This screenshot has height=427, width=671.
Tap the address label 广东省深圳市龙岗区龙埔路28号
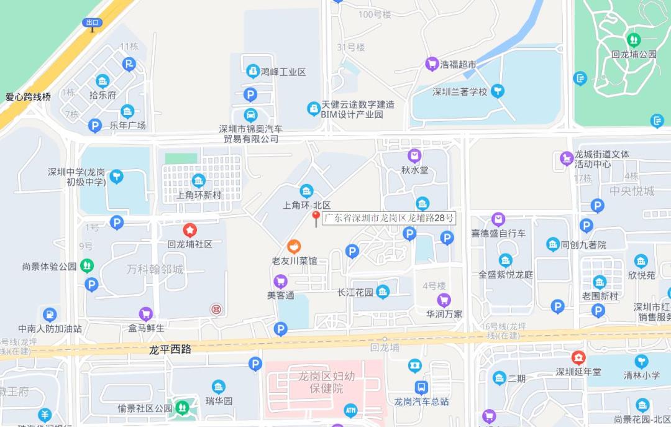390,218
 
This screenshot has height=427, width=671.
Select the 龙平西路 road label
170,349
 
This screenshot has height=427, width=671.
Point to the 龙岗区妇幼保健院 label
326,382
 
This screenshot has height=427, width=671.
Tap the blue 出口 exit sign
92,23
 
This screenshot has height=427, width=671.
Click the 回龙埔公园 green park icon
634,40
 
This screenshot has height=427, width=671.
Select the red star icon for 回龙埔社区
189,230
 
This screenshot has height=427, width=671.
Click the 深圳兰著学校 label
460,92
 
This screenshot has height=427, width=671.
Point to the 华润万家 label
444,314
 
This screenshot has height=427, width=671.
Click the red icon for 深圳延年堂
578,358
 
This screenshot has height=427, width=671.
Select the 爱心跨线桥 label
28,96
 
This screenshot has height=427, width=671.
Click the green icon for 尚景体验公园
87,266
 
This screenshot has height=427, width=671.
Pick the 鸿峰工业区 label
283,72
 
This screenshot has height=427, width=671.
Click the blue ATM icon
350,410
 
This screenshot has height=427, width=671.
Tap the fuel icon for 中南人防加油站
49,314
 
